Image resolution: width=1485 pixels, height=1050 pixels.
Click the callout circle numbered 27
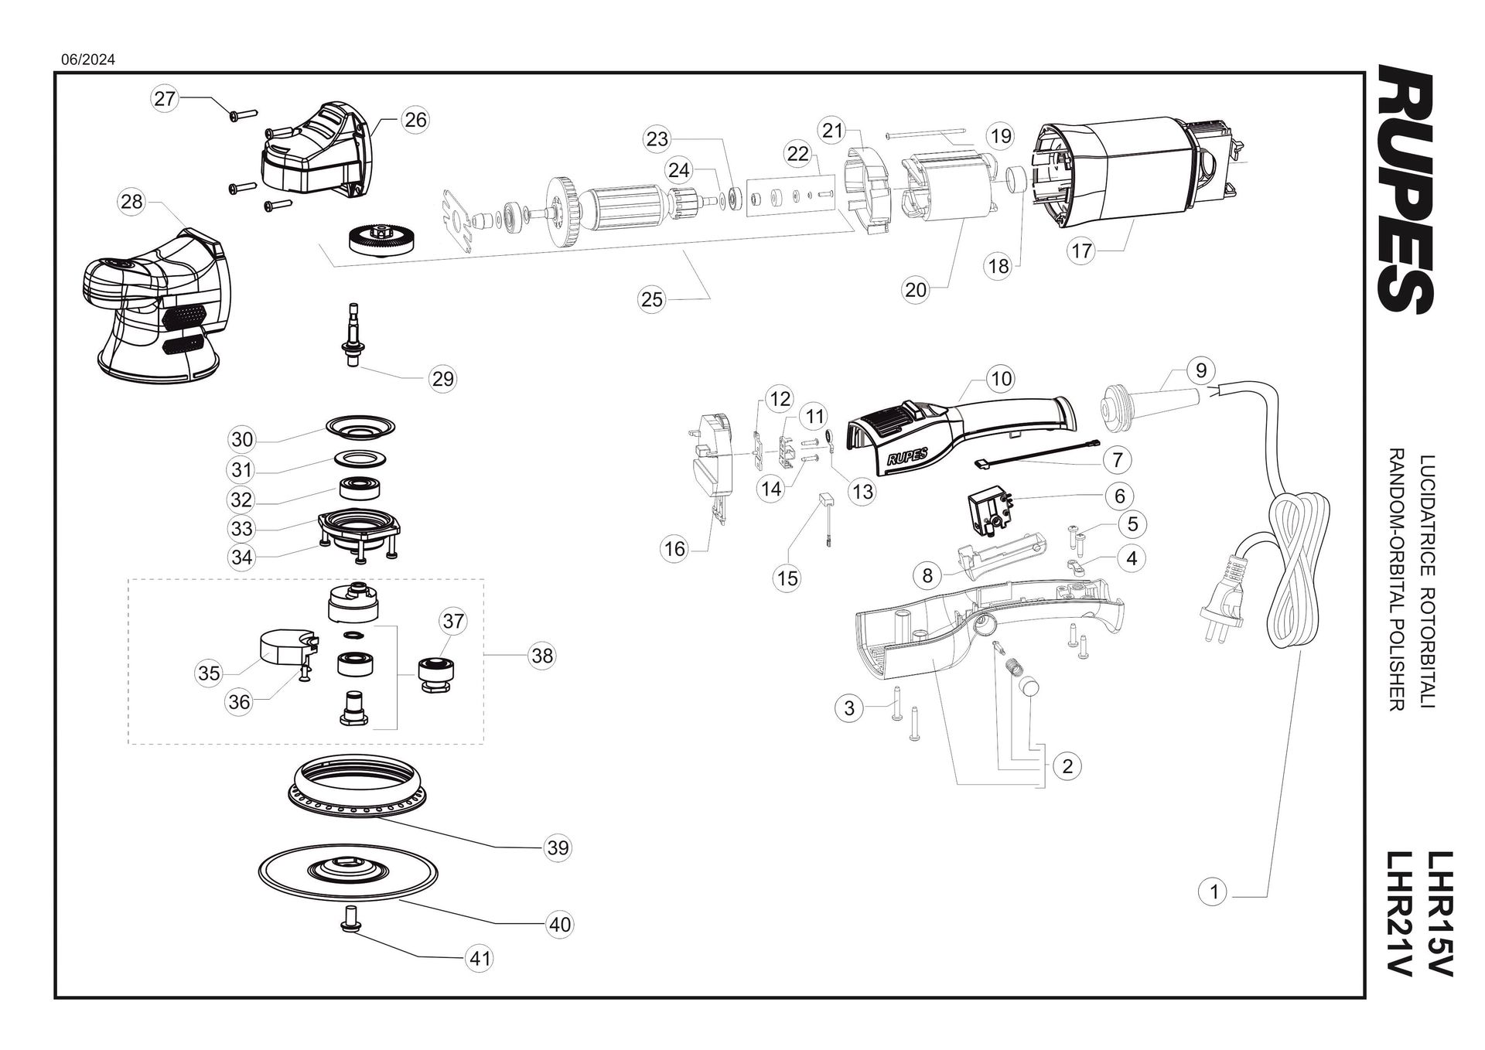[x=165, y=98]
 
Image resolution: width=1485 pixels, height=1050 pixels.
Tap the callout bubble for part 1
[x=1214, y=891]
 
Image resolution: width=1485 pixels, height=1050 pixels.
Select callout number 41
[x=480, y=959]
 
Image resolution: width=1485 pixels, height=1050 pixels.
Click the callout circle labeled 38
[x=542, y=656]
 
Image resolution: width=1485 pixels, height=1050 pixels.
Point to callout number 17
[x=1081, y=251]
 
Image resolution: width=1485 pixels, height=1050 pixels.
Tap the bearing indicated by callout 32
[x=362, y=489]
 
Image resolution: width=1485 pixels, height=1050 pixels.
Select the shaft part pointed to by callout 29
[x=352, y=335]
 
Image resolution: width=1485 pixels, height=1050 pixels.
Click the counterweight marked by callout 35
[x=284, y=646]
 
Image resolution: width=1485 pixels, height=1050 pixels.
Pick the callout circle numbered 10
[x=1001, y=379]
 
